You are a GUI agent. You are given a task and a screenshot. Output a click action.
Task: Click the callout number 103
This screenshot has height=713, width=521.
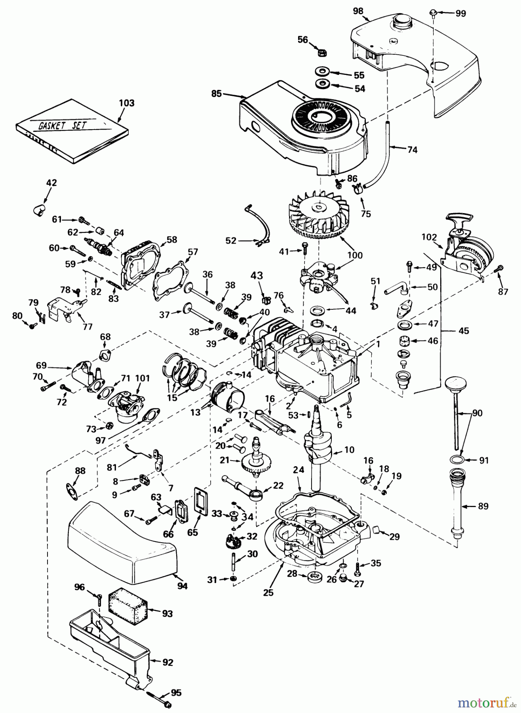click(126, 103)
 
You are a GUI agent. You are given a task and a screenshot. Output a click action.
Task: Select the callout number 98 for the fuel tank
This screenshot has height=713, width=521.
click(358, 11)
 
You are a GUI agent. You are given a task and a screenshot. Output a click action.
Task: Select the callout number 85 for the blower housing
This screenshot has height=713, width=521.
click(216, 94)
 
